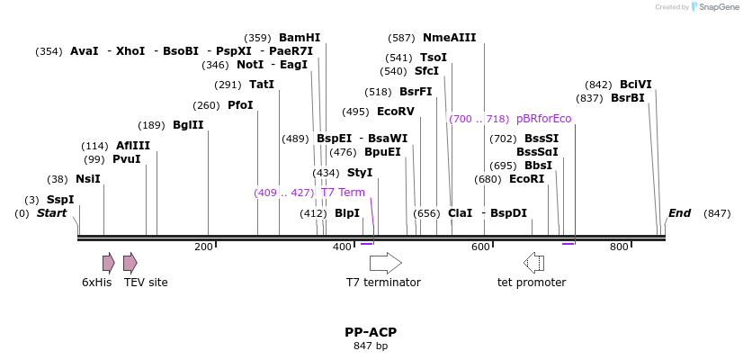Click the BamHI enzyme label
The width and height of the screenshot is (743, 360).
coord(300,38)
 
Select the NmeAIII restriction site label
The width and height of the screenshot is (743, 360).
coord(449,38)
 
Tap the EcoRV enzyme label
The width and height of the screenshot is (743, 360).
coord(396,112)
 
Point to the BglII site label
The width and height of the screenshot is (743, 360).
coord(188,125)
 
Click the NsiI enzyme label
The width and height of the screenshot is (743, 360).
coord(88,179)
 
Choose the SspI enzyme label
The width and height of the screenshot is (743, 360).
coord(60,200)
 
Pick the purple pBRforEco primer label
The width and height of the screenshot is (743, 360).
coord(544,119)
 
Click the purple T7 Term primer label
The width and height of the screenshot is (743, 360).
coord(343,193)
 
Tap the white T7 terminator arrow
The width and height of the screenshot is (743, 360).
coord(385,263)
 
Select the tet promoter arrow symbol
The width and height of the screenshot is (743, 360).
coord(533,263)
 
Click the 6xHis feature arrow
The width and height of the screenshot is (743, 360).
coord(108,263)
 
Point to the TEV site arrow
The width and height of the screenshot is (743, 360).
coord(130,263)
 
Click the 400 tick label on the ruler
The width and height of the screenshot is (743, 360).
coord(342,247)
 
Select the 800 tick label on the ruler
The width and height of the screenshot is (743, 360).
coord(619,247)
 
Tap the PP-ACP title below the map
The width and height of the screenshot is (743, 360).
coord(371,332)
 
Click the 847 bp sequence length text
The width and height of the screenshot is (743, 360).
coord(371,346)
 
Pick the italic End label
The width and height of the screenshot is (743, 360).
coord(679,213)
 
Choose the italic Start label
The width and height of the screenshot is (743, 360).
coord(51,213)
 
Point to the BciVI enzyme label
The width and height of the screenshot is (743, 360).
coord(636,85)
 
